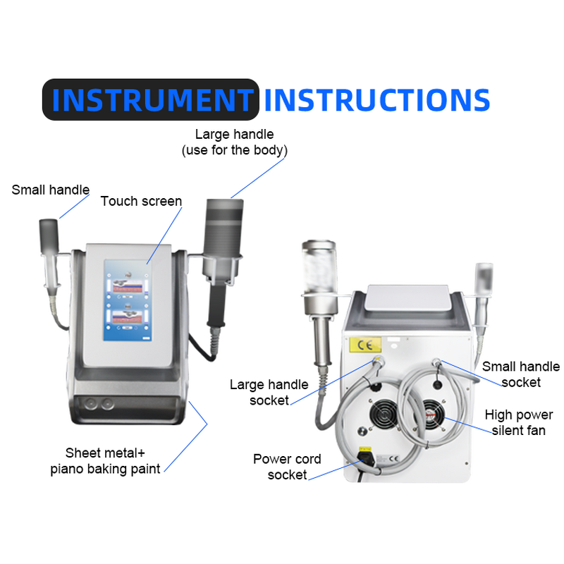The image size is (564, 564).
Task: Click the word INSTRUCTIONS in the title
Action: (x=377, y=99)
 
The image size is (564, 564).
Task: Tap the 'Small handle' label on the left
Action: (x=51, y=190)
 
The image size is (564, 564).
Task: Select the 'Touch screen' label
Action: (x=141, y=202)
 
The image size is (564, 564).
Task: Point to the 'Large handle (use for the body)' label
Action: (x=234, y=142)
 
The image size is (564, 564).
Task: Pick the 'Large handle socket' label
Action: (x=269, y=392)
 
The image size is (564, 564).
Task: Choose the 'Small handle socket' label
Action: (x=520, y=374)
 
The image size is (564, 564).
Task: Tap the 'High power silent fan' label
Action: (x=518, y=422)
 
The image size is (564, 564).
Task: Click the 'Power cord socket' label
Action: (x=287, y=467)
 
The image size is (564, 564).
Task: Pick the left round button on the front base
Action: (x=92, y=403)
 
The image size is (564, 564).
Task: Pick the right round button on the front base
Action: (x=107, y=403)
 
